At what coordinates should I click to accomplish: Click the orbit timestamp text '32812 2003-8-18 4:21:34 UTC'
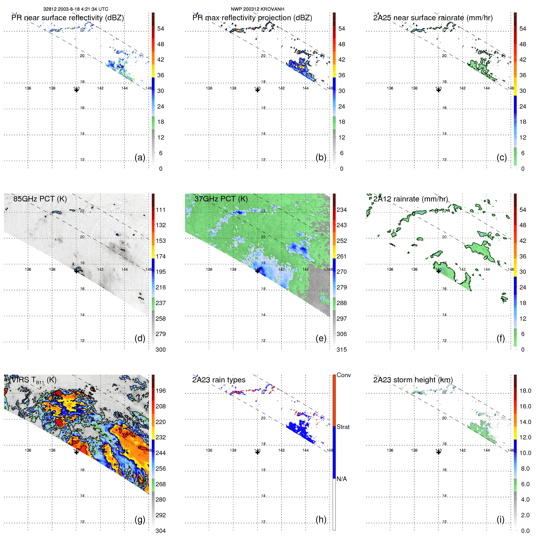(x=75, y=9)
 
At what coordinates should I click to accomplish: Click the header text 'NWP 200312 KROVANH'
(x=257, y=9)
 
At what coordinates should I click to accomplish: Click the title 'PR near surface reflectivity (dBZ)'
(x=67, y=18)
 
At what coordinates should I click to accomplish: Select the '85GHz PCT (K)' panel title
(x=40, y=199)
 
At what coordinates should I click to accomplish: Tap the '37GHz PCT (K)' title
(x=221, y=199)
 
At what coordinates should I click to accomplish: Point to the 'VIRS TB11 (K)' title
(x=34, y=380)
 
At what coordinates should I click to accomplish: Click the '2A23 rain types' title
(x=219, y=380)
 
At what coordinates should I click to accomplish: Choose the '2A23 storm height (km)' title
(x=413, y=380)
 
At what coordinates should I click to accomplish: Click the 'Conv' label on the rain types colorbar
(x=343, y=375)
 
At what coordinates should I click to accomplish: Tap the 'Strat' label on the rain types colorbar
(x=343, y=427)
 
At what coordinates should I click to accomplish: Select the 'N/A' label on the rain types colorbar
(x=342, y=479)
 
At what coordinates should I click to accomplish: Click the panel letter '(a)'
(x=140, y=157)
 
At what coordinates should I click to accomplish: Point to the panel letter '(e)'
(x=321, y=338)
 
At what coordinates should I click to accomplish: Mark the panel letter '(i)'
(x=500, y=519)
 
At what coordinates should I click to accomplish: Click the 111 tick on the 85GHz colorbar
(x=161, y=210)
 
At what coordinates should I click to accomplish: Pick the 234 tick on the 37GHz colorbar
(x=342, y=210)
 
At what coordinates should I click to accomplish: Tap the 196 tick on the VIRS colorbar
(x=161, y=391)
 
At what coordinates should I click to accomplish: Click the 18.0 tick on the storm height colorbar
(x=525, y=391)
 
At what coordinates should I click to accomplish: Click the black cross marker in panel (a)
(x=76, y=90)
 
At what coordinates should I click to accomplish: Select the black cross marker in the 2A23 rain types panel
(x=258, y=452)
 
